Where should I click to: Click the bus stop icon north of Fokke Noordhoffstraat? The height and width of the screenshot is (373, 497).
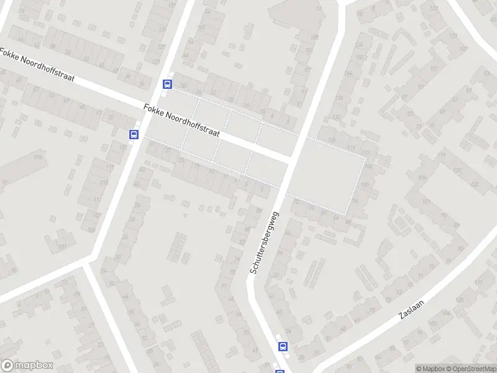tap(167, 84)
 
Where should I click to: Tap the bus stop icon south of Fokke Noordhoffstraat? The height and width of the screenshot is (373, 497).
tap(134, 134)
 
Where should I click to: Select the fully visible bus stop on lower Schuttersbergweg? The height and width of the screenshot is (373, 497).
tap(283, 346)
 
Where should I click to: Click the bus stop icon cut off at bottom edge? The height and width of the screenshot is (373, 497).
tap(279, 371)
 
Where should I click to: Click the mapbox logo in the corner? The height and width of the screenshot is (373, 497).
tap(27, 366)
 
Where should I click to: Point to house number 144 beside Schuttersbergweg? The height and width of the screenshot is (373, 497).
tap(348, 73)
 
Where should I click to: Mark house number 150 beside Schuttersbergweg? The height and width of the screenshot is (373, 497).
tap(358, 58)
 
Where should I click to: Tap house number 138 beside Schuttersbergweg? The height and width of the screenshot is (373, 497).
tap(339, 98)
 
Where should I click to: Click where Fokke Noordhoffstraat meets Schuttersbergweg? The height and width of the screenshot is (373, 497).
tap(290, 160)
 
